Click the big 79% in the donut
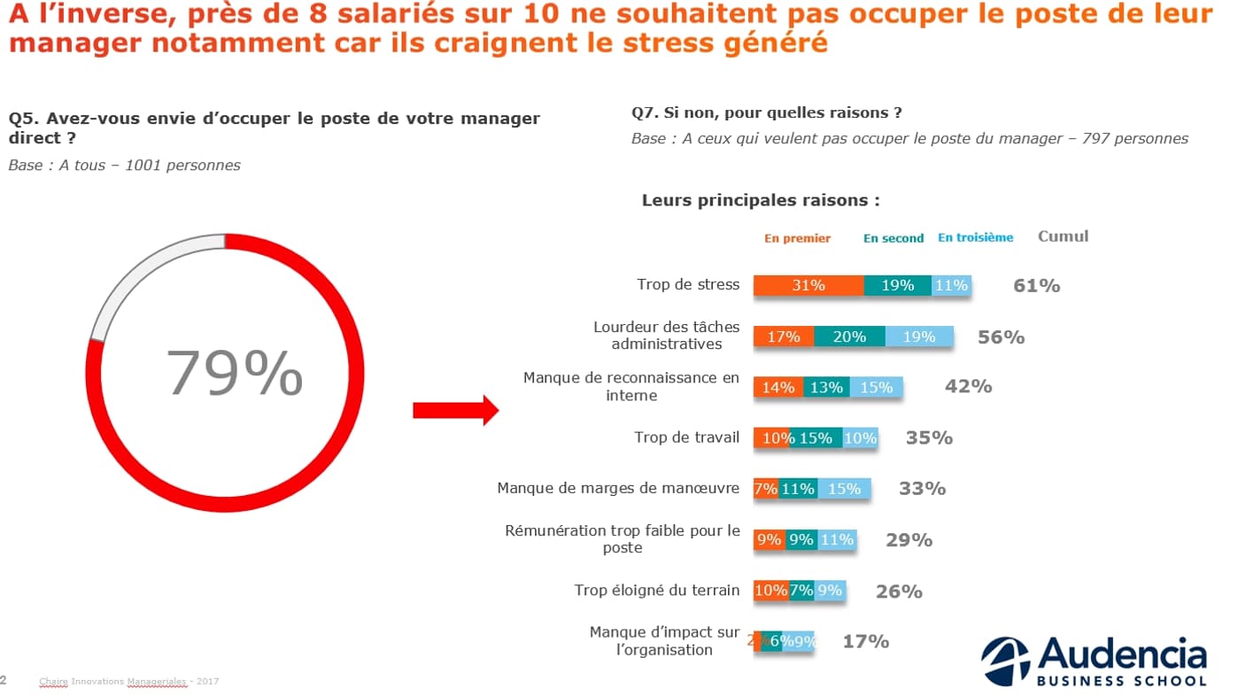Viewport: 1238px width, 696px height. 235,373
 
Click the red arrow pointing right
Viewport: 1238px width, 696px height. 456,410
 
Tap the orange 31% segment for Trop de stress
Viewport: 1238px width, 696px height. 809,285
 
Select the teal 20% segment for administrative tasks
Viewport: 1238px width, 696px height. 849,336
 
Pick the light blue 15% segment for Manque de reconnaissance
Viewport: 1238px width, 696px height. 876,387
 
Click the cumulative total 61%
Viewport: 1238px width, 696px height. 1036,285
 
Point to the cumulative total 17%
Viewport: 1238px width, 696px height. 865,641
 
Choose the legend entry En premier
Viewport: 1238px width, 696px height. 797,238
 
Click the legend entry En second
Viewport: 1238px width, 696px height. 893,238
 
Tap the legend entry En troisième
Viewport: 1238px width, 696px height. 975,237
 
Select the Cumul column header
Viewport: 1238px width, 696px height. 1063,236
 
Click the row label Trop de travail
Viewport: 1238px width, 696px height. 686,437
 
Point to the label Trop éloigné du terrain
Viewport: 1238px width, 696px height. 656,591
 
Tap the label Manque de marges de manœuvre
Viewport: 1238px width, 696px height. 617,488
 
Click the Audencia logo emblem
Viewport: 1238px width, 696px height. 1005,661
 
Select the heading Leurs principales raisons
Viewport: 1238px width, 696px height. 761,200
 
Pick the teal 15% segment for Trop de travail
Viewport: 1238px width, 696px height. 816,438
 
